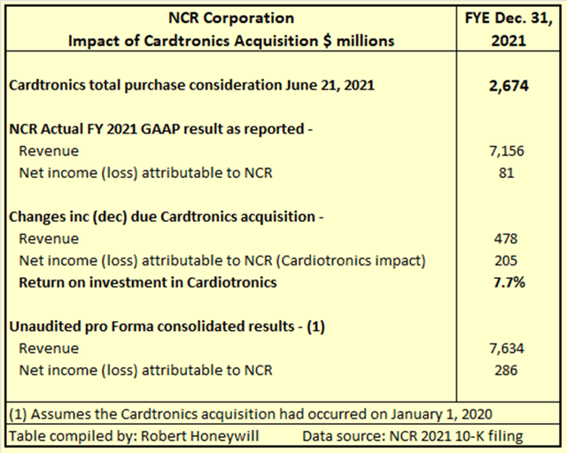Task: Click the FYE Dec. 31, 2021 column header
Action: coord(505,29)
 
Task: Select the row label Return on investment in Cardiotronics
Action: coord(148,282)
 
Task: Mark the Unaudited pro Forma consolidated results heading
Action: coord(167,326)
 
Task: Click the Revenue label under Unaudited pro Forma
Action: coord(49,348)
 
